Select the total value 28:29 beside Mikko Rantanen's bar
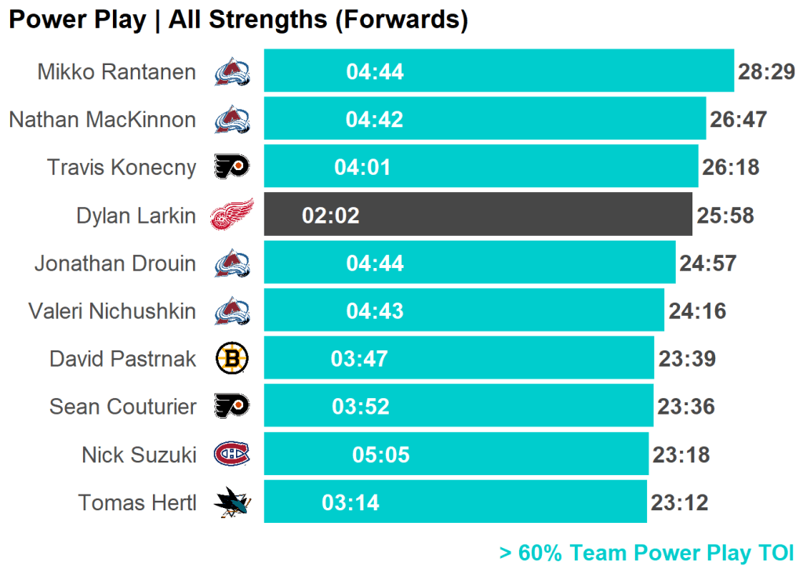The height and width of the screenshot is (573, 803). pyautogui.click(x=766, y=72)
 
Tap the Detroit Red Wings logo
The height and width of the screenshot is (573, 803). pyautogui.click(x=232, y=214)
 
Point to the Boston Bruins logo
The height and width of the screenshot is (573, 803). pyautogui.click(x=232, y=358)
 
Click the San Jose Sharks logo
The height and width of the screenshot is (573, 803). pyautogui.click(x=232, y=502)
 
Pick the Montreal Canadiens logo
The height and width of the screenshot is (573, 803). pyautogui.click(x=232, y=454)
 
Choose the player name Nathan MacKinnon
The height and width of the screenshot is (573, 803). pyautogui.click(x=103, y=120)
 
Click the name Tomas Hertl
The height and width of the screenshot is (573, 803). pyautogui.click(x=137, y=502)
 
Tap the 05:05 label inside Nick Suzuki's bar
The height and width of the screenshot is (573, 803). pyautogui.click(x=381, y=455)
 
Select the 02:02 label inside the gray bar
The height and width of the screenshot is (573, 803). pyautogui.click(x=331, y=216)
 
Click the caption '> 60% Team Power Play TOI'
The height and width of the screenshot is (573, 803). pyautogui.click(x=646, y=553)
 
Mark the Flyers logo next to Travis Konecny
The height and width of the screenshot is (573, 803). pyautogui.click(x=232, y=166)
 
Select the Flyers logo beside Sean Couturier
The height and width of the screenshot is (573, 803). pyautogui.click(x=232, y=406)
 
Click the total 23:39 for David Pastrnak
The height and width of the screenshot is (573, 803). pyautogui.click(x=687, y=359)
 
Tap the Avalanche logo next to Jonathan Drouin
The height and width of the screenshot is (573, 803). pyautogui.click(x=232, y=263)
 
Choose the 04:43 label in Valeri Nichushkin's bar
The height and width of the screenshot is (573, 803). pyautogui.click(x=375, y=311)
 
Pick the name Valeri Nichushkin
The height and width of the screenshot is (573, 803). pyautogui.click(x=112, y=311)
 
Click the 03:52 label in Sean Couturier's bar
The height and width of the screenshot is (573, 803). pyautogui.click(x=361, y=407)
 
